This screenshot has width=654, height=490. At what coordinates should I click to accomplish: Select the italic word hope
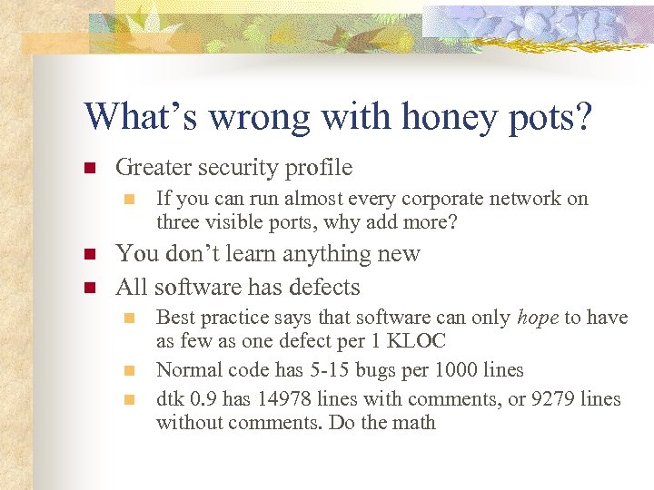click(538, 318)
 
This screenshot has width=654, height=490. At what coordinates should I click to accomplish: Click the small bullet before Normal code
click(130, 370)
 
